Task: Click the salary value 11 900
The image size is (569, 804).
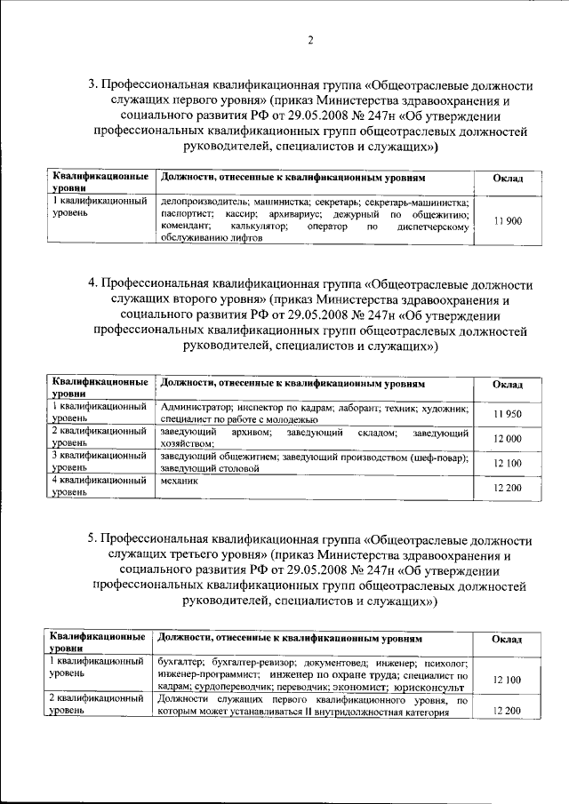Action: (508, 220)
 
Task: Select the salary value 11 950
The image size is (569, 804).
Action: (508, 414)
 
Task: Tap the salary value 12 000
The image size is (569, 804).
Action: (508, 439)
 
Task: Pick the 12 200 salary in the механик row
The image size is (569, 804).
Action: (508, 488)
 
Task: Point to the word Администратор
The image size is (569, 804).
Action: (196, 407)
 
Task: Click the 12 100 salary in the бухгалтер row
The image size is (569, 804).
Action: (508, 680)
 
